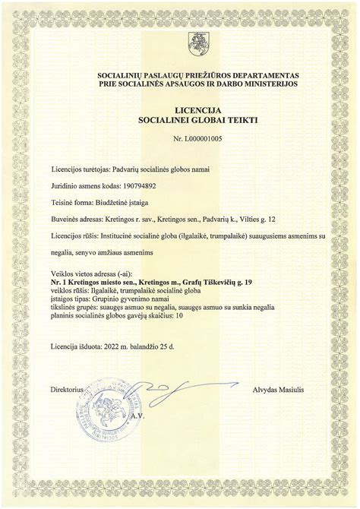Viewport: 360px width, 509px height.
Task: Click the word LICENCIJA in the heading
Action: coord(178,109)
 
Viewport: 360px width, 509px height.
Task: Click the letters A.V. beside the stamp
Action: coord(137,418)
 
